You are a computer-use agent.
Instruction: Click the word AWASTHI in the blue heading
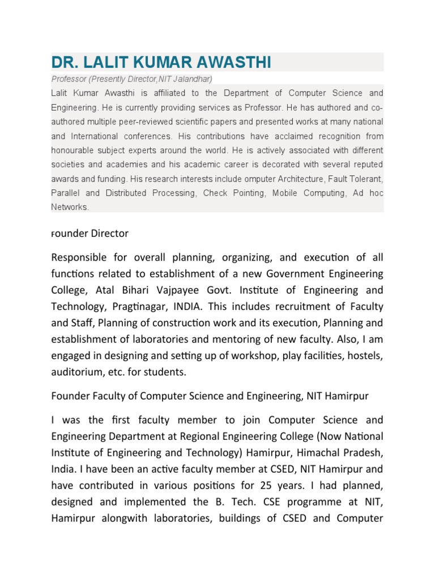[x=232, y=62]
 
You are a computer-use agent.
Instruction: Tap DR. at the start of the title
[x=64, y=62]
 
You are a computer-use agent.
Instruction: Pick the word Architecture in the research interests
[x=318, y=179]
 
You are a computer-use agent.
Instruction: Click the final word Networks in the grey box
[x=70, y=207]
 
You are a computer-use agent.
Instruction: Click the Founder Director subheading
[x=90, y=234]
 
